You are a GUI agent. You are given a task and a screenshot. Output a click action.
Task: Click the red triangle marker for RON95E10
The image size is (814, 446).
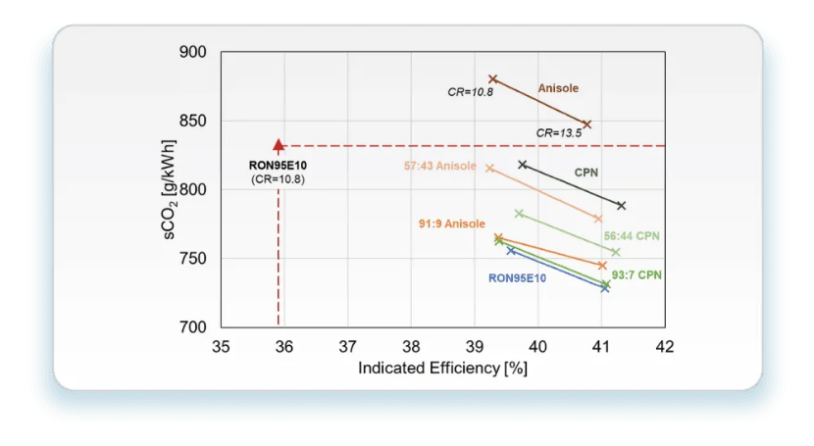click(279, 145)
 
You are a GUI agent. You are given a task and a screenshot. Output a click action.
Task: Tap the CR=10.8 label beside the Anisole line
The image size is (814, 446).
click(471, 92)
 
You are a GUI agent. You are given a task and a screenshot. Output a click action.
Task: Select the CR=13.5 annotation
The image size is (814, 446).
click(559, 133)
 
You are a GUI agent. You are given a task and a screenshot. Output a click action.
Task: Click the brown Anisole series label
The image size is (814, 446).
click(558, 88)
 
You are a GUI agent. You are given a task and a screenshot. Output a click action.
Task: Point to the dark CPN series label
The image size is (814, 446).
click(586, 173)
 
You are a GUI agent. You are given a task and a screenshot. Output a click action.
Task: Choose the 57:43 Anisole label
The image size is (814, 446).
click(440, 166)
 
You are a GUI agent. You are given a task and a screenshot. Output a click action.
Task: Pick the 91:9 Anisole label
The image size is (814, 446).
click(452, 223)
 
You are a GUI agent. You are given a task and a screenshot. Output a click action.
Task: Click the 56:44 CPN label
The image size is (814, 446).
click(632, 236)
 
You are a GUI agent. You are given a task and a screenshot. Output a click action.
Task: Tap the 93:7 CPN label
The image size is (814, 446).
click(636, 274)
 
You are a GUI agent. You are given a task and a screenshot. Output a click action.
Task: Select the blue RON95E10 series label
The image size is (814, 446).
click(517, 278)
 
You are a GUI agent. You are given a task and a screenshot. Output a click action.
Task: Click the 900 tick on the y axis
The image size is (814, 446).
click(192, 52)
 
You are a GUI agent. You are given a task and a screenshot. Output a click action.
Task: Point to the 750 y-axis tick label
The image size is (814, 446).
click(192, 258)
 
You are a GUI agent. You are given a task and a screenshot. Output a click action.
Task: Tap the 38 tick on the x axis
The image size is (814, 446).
click(411, 346)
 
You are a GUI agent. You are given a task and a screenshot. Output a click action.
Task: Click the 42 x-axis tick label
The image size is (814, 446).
click(665, 346)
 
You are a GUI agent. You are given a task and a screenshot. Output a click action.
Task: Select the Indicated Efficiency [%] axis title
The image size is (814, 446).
click(443, 369)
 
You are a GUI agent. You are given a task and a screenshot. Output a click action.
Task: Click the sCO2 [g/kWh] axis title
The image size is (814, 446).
click(170, 189)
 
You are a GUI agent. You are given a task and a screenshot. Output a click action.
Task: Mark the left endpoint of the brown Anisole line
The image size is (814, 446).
click(493, 78)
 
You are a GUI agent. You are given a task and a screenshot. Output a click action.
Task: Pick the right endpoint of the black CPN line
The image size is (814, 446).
click(622, 206)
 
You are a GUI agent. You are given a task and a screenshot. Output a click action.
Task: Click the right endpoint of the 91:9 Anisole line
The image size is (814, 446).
click(602, 266)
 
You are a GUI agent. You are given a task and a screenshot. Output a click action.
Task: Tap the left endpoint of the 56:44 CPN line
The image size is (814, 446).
click(519, 214)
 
